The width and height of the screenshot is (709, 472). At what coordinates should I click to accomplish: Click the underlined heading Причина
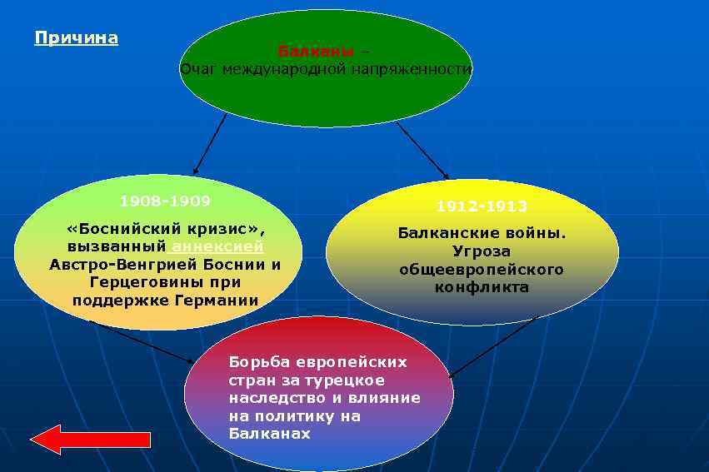77,38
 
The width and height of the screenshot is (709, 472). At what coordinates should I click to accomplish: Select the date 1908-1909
165,201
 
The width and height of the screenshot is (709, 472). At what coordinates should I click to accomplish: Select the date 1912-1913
482,206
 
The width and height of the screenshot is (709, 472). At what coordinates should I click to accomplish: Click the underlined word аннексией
217,246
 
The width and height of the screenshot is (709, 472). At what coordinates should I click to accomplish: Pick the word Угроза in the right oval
482,251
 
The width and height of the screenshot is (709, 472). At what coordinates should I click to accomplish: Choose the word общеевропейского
482,269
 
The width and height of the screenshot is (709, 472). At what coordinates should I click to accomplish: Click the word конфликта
482,287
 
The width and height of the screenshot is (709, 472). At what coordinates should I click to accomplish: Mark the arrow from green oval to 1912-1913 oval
422,150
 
